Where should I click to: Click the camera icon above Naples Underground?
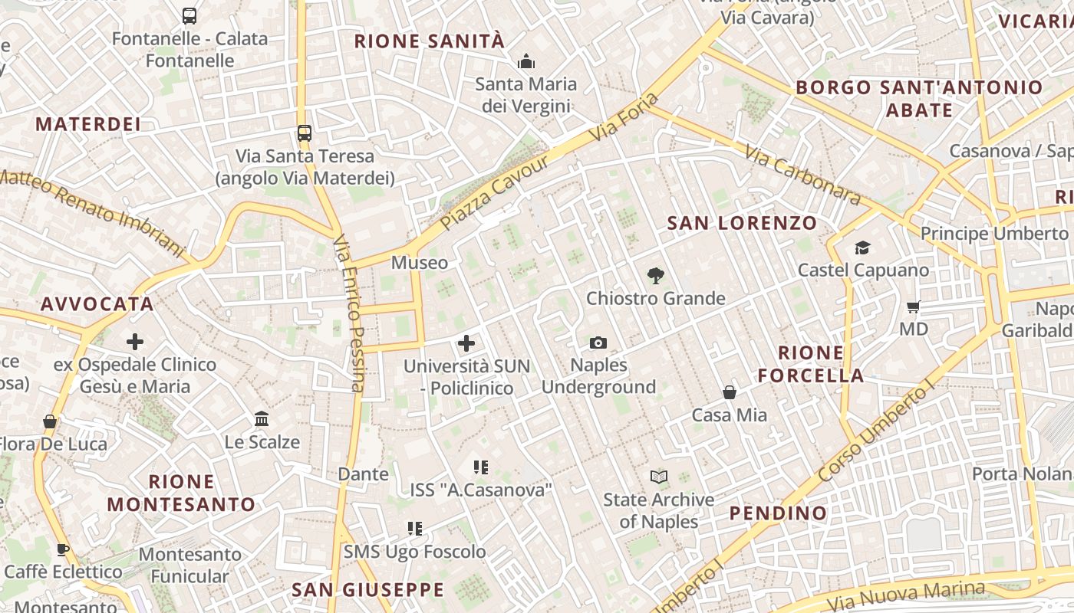tap(598, 343)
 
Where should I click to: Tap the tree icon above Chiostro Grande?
tap(655, 275)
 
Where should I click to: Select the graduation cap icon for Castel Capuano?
tap(863, 247)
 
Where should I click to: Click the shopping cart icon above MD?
tap(913, 306)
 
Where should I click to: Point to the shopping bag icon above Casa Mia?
tap(730, 392)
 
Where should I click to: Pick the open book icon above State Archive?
tap(658, 477)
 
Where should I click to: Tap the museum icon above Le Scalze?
tap(262, 419)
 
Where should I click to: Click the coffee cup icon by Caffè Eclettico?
tap(63, 549)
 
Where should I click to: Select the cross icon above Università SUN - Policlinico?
tap(466, 343)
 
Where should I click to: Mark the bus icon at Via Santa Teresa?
tap(305, 133)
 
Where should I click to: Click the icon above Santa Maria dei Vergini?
tap(526, 61)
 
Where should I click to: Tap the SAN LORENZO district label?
tap(742, 223)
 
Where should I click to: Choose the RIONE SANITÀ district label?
tap(430, 41)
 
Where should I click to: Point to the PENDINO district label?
tap(778, 513)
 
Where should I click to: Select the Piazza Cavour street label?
tap(496, 192)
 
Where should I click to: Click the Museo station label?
tap(420, 263)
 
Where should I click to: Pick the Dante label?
tap(363, 474)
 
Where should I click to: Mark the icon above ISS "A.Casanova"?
tap(481, 467)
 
